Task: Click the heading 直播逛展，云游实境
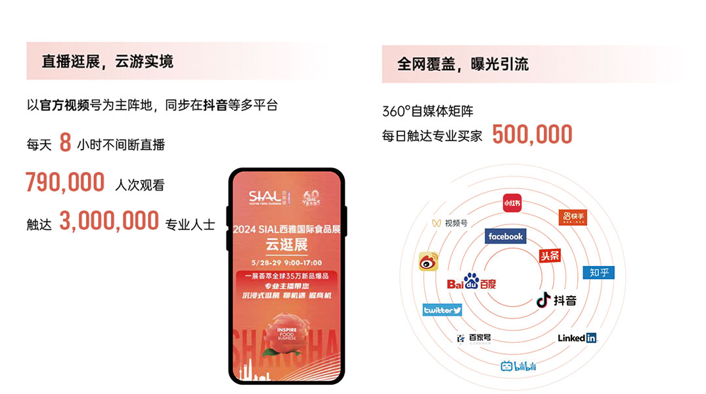[x=108, y=62]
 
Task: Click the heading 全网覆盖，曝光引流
[x=463, y=64]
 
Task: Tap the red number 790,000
[x=65, y=182]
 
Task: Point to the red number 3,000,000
[x=109, y=221]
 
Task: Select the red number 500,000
[x=532, y=134]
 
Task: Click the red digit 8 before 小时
[x=65, y=143]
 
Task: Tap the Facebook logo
[x=505, y=236]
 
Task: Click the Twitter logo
[x=442, y=310]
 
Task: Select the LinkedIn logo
[x=577, y=338]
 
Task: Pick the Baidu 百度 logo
[x=472, y=282]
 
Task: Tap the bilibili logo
[x=518, y=366]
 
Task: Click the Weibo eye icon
[x=428, y=261]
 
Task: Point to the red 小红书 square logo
[x=512, y=203]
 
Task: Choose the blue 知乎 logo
[x=598, y=272]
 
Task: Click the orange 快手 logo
[x=571, y=217]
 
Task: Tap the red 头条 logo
[x=550, y=255]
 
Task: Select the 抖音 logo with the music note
[x=556, y=300]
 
